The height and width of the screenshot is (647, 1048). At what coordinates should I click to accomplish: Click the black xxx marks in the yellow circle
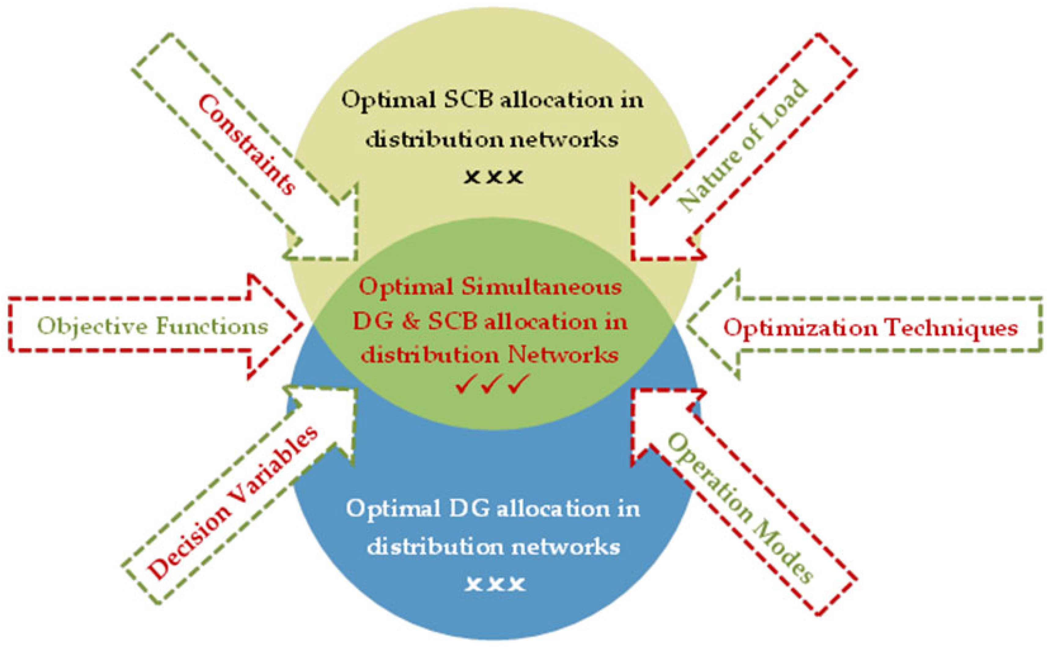[494, 177]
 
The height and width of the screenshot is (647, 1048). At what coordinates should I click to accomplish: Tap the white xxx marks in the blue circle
[495, 584]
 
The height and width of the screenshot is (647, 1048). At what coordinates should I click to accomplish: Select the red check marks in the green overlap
[493, 384]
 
